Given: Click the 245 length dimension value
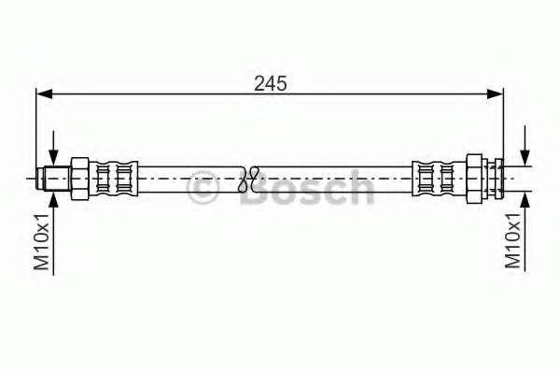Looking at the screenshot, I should click(x=271, y=81).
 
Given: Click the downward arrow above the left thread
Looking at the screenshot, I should click(x=53, y=155).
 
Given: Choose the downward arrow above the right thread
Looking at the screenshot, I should click(x=526, y=154).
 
